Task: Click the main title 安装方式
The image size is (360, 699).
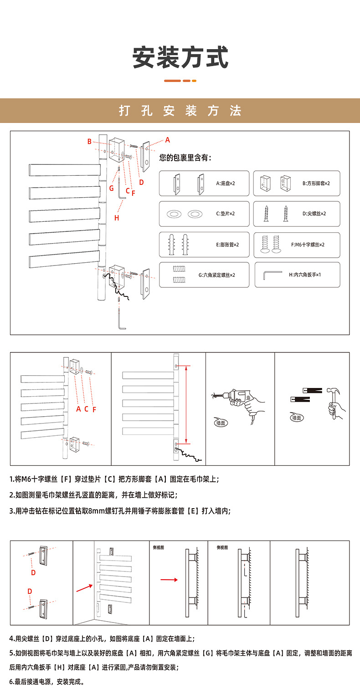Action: (180, 58)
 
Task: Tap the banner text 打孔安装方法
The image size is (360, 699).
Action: (180, 111)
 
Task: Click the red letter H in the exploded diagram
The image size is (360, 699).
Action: (117, 218)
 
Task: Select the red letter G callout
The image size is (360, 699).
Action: (111, 188)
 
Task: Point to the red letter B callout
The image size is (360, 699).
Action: (90, 142)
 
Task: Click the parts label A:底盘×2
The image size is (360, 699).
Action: (226, 184)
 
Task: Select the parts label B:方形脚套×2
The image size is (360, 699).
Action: (316, 184)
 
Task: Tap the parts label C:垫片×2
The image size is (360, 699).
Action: (225, 214)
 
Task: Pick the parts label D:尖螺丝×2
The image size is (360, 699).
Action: (315, 214)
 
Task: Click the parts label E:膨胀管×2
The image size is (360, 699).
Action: (227, 245)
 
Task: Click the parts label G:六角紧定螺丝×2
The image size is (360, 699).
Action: (217, 275)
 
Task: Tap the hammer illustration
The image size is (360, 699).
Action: (334, 401)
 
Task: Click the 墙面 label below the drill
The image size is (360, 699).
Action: (221, 423)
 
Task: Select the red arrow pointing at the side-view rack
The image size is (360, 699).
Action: (169, 580)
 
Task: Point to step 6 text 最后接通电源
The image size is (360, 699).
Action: (46, 682)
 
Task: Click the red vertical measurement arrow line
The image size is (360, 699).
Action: (187, 403)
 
